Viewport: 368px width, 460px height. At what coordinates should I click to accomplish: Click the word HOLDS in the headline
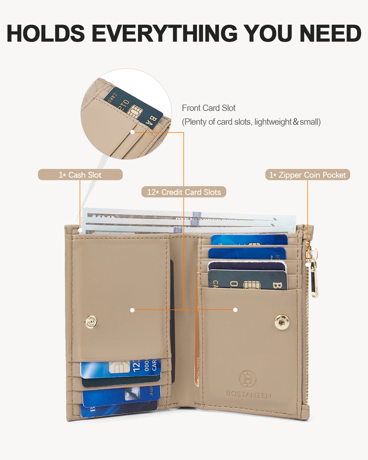(x=46, y=34)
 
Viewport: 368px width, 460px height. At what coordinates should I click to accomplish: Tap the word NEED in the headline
(x=330, y=34)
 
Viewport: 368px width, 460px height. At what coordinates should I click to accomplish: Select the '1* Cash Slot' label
(x=80, y=175)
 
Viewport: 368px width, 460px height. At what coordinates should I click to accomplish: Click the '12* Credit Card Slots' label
(x=184, y=192)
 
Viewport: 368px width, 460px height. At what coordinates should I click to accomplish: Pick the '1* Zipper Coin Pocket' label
(x=307, y=175)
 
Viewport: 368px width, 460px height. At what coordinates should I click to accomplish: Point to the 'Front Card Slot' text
(x=209, y=108)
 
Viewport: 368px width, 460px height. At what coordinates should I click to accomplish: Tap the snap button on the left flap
(x=91, y=321)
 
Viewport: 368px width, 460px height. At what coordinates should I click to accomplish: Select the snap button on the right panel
(x=282, y=322)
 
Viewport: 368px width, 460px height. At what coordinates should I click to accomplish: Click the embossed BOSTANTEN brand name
(x=249, y=394)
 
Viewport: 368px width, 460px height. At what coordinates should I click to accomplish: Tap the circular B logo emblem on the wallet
(x=247, y=379)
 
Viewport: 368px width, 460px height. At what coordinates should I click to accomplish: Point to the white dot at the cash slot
(x=80, y=231)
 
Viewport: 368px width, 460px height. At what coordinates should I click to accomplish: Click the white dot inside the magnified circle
(x=133, y=132)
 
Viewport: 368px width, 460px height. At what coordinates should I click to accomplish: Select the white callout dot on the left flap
(x=133, y=310)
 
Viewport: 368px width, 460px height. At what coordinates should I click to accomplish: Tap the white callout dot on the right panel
(x=235, y=310)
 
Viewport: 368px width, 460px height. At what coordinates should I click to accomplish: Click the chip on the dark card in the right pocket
(x=251, y=285)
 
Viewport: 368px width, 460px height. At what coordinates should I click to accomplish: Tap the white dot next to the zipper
(x=307, y=265)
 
